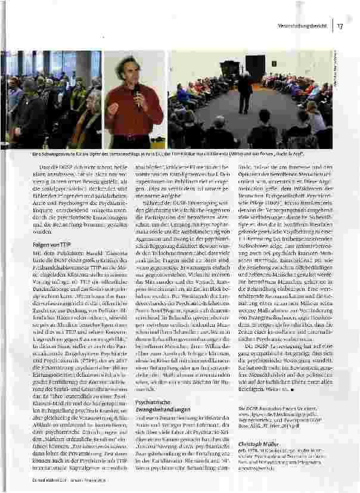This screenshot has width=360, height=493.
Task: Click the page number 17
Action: [339, 26]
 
